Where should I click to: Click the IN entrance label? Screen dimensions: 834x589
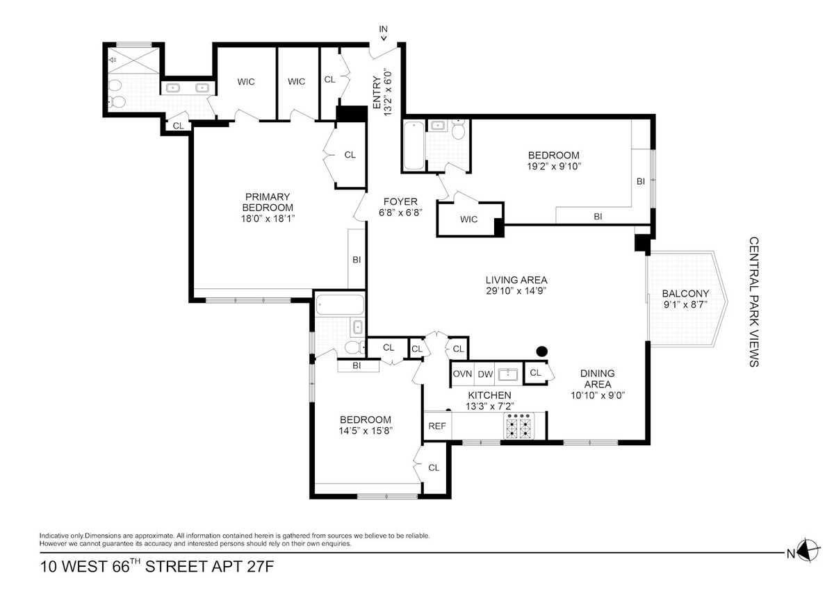coord(383,29)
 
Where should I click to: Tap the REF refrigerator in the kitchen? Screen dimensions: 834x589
coord(437,426)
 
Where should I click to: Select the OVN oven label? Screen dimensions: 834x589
coord(462,374)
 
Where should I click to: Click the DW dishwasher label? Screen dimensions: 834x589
coord(485,374)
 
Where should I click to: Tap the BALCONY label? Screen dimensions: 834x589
coord(685,294)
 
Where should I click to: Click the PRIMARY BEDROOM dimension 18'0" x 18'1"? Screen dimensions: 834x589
coord(268,218)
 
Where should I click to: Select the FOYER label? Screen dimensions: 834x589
coord(400,201)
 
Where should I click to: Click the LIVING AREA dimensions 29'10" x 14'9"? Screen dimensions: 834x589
coord(516,290)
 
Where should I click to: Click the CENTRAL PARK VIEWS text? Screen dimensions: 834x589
coord(754,301)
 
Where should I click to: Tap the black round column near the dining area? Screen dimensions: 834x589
coord(541,351)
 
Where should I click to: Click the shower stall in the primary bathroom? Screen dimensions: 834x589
coord(133,60)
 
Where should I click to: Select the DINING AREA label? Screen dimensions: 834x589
coord(598,379)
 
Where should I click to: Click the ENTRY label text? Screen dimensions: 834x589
coord(377,92)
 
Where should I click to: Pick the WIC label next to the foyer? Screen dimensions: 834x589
coord(468,219)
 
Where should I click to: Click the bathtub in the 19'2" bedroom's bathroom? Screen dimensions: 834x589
coord(414,145)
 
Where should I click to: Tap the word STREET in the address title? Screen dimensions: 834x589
coord(176,567)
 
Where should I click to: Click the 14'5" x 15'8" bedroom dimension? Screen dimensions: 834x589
coord(366,431)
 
